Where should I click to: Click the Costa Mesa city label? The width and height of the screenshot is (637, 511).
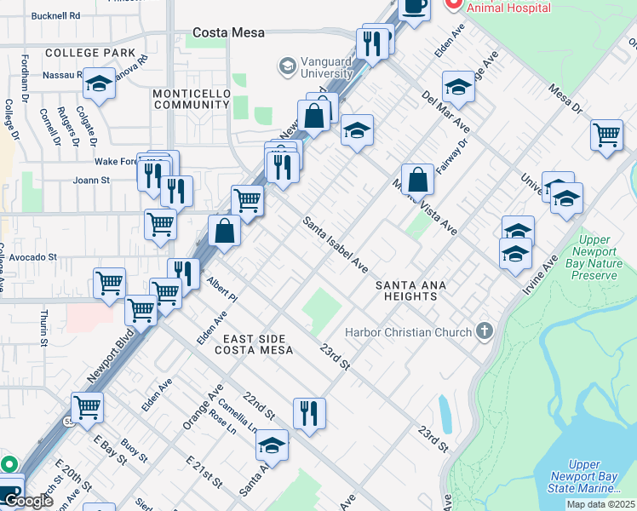click(x=228, y=33)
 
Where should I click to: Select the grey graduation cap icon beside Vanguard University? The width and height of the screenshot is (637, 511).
click(x=287, y=66)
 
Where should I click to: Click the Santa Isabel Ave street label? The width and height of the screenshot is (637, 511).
click(x=336, y=244)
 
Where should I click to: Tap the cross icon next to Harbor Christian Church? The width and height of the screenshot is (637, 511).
click(x=485, y=330)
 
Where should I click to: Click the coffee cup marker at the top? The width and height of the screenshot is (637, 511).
click(x=415, y=8)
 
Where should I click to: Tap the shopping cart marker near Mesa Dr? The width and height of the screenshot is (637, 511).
click(x=605, y=135)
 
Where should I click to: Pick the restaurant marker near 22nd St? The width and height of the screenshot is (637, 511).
click(x=309, y=412)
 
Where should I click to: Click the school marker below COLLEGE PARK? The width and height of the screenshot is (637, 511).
click(x=99, y=84)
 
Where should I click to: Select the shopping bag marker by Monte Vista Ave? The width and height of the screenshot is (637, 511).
click(x=417, y=179)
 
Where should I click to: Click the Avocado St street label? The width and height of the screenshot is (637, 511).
click(x=28, y=256)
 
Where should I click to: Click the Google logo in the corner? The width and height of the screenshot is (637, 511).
click(x=28, y=502)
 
